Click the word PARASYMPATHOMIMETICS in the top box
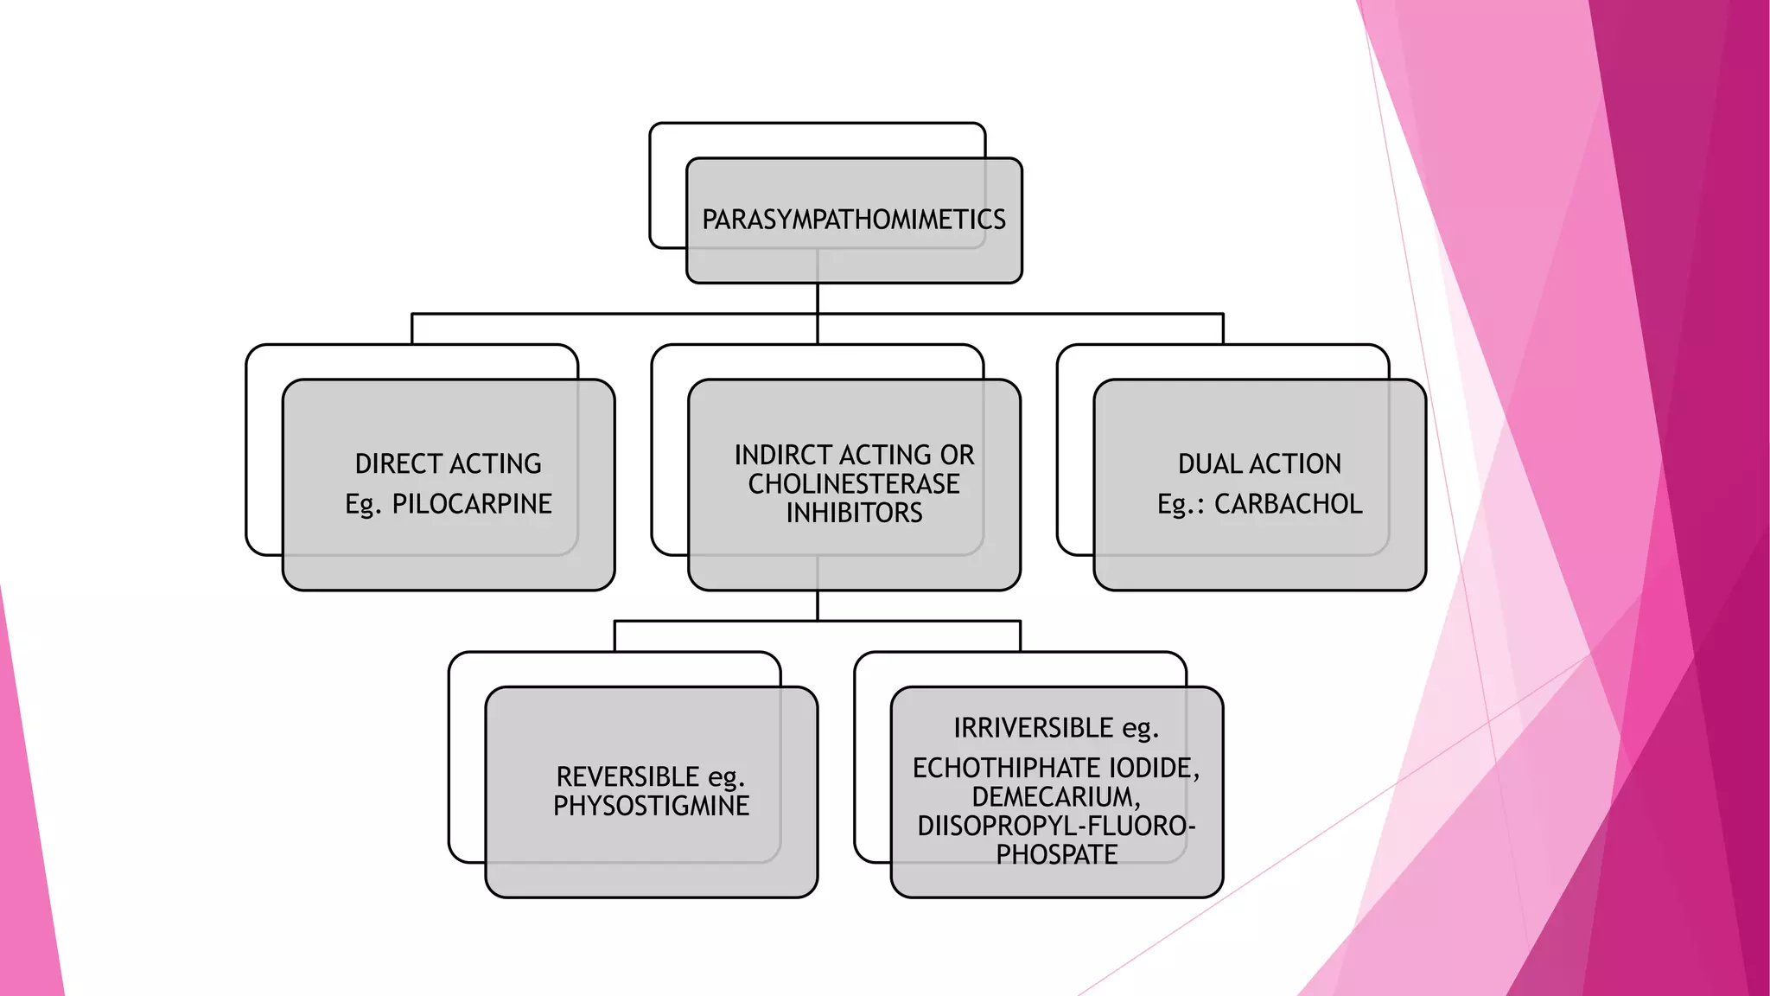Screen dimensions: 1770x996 [x=854, y=220]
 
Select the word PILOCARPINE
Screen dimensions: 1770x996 [x=472, y=503]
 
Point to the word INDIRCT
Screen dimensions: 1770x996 [x=784, y=455]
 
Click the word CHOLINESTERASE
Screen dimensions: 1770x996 [x=854, y=483]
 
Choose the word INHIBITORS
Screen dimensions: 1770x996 [x=854, y=513]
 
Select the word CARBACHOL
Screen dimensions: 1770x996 [x=1289, y=503]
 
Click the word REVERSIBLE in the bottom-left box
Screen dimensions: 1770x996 [x=628, y=776]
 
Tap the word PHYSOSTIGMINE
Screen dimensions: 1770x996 [x=652, y=806]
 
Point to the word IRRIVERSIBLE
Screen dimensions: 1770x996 [x=1034, y=728]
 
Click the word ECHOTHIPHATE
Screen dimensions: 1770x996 [x=1007, y=768]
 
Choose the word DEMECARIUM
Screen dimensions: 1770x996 [x=1056, y=796]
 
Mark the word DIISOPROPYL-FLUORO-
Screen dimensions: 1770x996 [x=1056, y=826]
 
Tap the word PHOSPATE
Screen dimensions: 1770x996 [x=1056, y=854]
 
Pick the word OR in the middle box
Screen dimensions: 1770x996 [x=958, y=455]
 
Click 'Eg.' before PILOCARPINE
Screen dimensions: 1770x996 [x=363, y=504]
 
